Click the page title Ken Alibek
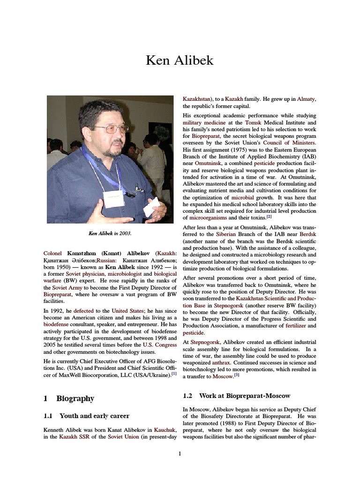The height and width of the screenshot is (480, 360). pyautogui.click(x=180, y=60)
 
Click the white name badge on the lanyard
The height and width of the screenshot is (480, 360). pyautogui.click(x=113, y=198)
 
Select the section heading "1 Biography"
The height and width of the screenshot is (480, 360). pyautogui.click(x=68, y=398)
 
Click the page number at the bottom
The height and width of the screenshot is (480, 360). pyautogui.click(x=180, y=453)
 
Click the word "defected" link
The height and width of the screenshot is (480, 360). pyautogui.click(x=83, y=310)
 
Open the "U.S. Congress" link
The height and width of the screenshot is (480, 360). pyautogui.click(x=159, y=345)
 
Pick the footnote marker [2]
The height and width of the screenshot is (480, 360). pyautogui.click(x=269, y=217)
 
